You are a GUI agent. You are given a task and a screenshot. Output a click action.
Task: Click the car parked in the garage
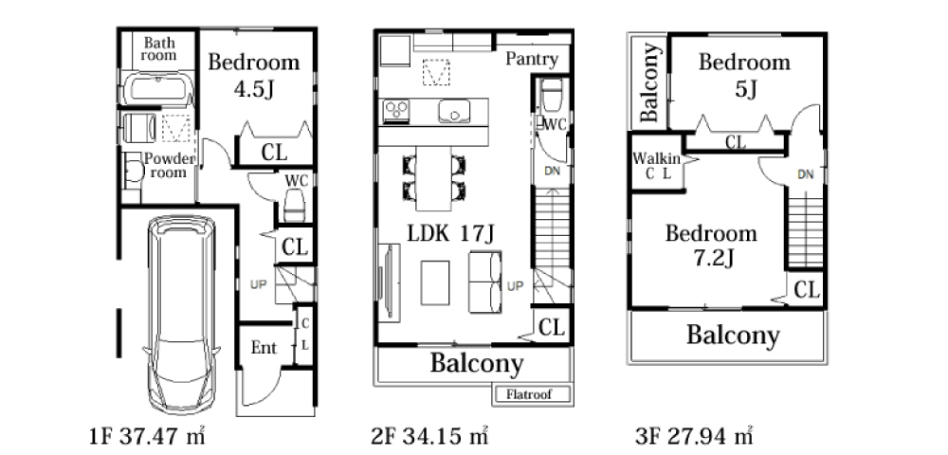tap(181, 314)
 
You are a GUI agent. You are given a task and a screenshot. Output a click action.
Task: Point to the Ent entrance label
tap(264, 348)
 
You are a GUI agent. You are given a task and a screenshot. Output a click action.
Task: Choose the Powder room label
tap(169, 166)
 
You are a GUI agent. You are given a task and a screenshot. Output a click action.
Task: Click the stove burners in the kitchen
tap(396, 112)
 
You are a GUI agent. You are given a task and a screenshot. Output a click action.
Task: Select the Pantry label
tap(532, 59)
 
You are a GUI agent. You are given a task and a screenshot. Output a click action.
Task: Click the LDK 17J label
tap(450, 234)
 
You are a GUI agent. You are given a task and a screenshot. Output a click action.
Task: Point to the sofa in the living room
tap(485, 282)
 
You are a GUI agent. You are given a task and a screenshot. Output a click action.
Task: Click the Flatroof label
tap(529, 395)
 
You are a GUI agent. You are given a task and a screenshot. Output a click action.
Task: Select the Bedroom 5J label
tap(744, 75)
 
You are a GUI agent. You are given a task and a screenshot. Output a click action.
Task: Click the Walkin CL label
tap(657, 166)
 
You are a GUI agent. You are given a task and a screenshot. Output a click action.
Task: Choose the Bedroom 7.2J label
tap(712, 246)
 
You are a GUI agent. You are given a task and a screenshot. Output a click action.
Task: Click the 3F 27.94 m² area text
tap(694, 436)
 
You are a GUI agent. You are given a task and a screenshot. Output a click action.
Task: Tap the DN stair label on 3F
tap(805, 175)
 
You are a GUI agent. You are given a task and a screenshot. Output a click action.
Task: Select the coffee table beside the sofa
tap(435, 282)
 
